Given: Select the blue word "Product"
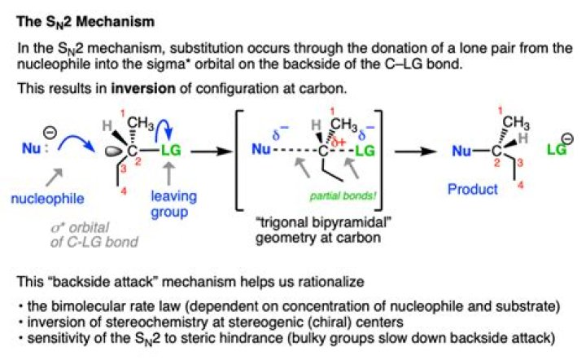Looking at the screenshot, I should point(473,190).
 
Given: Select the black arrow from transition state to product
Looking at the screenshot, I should point(419,151).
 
